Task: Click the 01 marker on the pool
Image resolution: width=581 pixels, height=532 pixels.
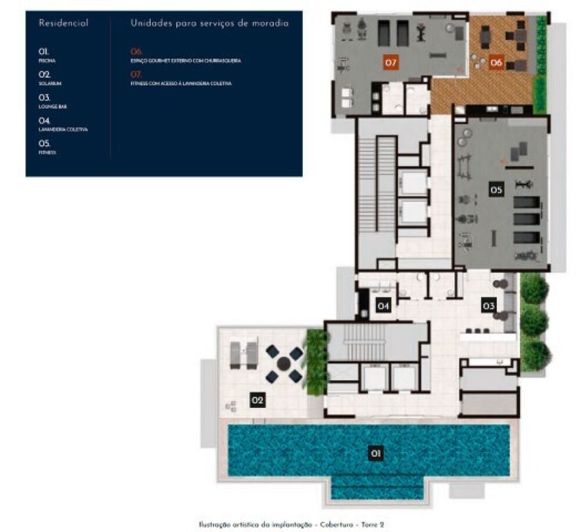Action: pyautogui.click(x=376, y=454)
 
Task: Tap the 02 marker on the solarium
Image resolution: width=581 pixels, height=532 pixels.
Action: pyautogui.click(x=257, y=400)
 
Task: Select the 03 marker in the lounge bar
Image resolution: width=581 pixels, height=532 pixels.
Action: pyautogui.click(x=488, y=305)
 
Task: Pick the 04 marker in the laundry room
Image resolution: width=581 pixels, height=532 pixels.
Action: pyautogui.click(x=382, y=305)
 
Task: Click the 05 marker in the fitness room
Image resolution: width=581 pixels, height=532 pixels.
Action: pyautogui.click(x=496, y=189)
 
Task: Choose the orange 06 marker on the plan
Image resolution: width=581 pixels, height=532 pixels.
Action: pyautogui.click(x=496, y=62)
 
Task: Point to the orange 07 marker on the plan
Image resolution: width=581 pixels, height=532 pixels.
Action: pyautogui.click(x=390, y=62)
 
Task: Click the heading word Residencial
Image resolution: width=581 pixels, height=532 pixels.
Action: pyautogui.click(x=63, y=24)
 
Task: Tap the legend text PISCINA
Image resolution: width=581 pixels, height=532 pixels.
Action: pyautogui.click(x=48, y=60)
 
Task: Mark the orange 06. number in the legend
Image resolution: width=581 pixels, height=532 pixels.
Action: pyautogui.click(x=137, y=51)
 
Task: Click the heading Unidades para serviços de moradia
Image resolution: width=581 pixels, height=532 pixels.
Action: pyautogui.click(x=209, y=24)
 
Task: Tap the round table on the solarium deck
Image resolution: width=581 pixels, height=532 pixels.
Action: pyautogui.click(x=284, y=364)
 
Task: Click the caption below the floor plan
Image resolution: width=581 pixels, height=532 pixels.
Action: pyautogui.click(x=290, y=524)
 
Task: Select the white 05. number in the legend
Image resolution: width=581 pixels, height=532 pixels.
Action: pyautogui.click(x=45, y=143)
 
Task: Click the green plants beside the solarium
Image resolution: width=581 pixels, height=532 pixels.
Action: pyautogui.click(x=315, y=361)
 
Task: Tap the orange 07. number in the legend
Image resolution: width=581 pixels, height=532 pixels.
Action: pyautogui.click(x=137, y=74)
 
